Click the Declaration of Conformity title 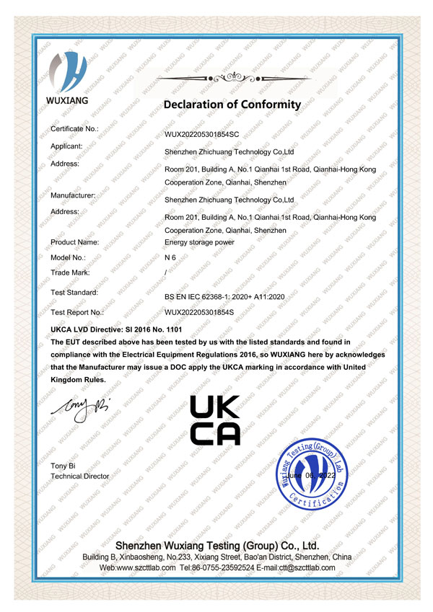pos(232,105)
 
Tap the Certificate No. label pos(74,128)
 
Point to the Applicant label pos(66,146)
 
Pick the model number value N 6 pos(171,257)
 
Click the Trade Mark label pos(70,272)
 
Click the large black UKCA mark pos(214,420)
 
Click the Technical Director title pos(79,476)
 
